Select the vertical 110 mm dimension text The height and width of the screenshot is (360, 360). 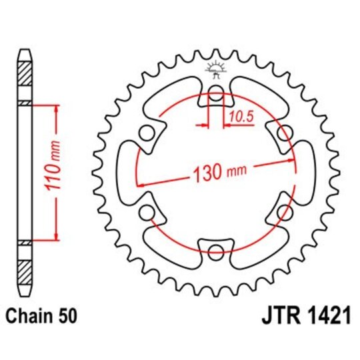pyautogui.click(x=58, y=172)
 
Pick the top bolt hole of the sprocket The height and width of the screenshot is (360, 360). pyautogui.click(x=215, y=95)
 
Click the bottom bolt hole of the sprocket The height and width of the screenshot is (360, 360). pyautogui.click(x=215, y=251)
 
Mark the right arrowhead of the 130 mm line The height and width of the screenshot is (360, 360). pyautogui.click(x=293, y=161)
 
